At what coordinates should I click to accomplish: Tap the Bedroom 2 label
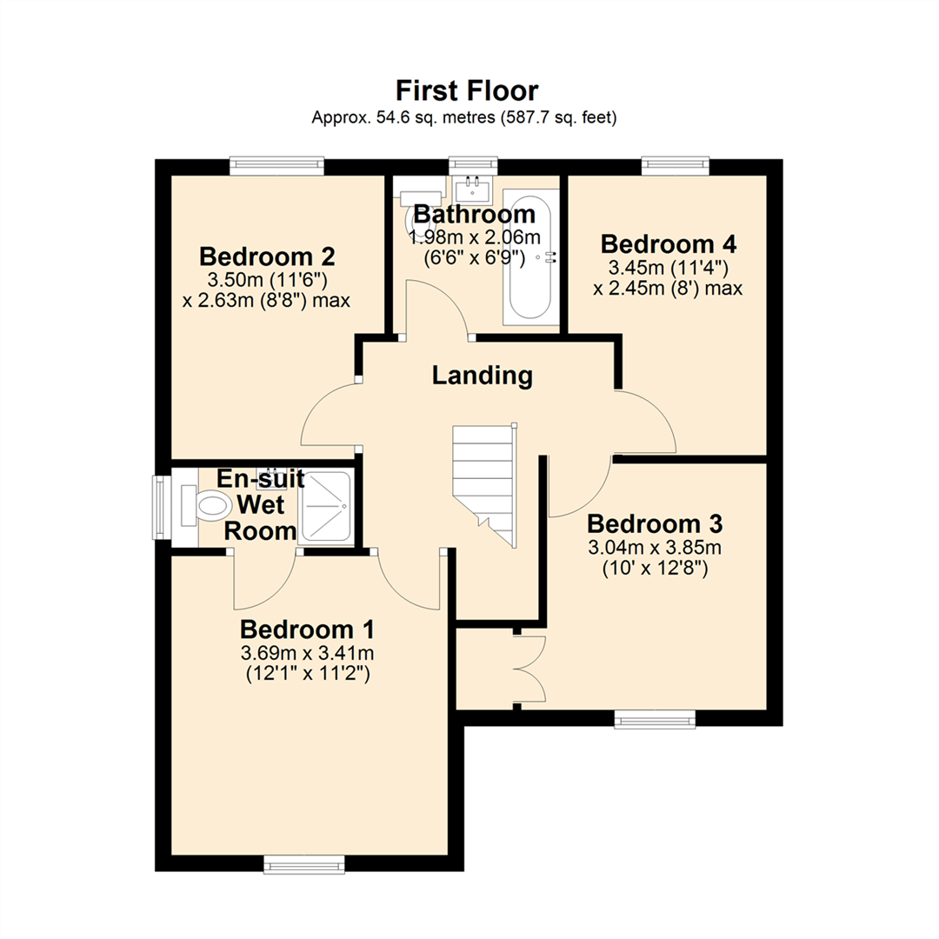tap(267, 256)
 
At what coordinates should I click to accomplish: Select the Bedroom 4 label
tap(668, 243)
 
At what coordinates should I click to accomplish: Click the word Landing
tap(483, 376)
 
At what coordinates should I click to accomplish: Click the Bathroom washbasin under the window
tap(474, 187)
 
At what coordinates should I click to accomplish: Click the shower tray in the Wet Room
tap(325, 507)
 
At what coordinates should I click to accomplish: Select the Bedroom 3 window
tap(655, 718)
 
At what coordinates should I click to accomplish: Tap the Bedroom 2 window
tap(276, 166)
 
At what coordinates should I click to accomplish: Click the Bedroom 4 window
tap(675, 166)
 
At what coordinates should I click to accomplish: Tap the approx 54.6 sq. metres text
tap(464, 118)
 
